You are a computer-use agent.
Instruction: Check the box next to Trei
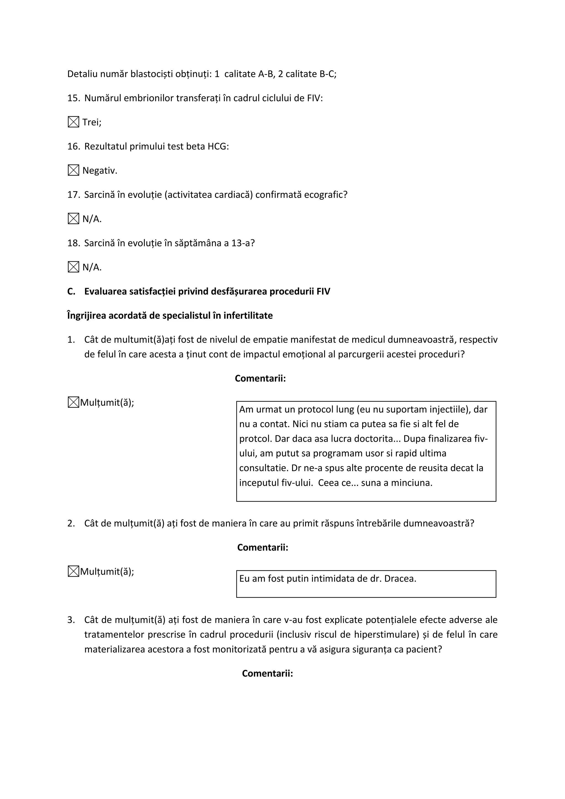point(73,122)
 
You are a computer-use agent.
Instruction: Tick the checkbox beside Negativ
point(73,171)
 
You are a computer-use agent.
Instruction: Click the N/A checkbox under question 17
point(73,219)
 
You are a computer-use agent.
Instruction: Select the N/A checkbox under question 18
point(73,267)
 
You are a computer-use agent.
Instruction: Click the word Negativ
point(100,171)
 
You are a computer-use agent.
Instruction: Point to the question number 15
point(73,98)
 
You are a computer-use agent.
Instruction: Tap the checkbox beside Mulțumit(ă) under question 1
point(73,402)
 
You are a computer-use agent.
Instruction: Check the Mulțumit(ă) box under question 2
point(73,571)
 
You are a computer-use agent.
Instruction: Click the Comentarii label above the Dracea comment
point(263,547)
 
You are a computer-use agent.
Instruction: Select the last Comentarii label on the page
point(267,673)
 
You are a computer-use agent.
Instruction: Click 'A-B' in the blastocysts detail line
point(266,74)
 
